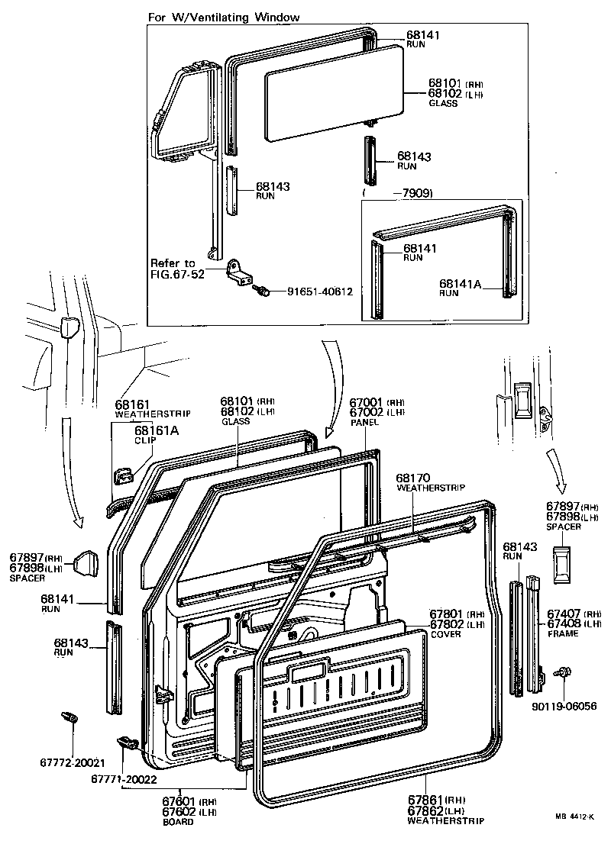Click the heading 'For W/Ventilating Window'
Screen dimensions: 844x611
click(223, 17)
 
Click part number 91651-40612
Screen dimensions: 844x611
click(320, 292)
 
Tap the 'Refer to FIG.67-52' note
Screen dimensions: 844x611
click(177, 269)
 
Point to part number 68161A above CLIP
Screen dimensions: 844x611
click(157, 430)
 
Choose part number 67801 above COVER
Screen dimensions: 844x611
click(447, 614)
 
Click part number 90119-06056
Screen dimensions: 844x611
click(563, 707)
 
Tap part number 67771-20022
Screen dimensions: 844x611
click(125, 778)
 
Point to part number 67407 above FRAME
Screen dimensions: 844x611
click(564, 614)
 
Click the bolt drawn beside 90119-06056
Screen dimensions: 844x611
click(564, 672)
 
